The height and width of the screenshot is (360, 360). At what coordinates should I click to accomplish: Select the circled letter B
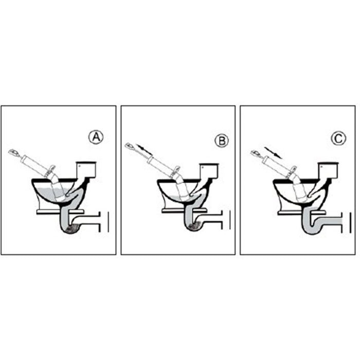[221, 140]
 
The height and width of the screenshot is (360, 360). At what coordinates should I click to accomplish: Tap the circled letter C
[338, 138]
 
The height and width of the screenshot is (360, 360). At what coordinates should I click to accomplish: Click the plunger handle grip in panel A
[15, 153]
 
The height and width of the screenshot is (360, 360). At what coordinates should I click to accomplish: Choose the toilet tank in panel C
[328, 169]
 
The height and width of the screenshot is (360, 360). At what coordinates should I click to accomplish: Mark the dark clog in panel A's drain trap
[74, 229]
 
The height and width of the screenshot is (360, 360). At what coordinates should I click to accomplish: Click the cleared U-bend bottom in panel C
[315, 229]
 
